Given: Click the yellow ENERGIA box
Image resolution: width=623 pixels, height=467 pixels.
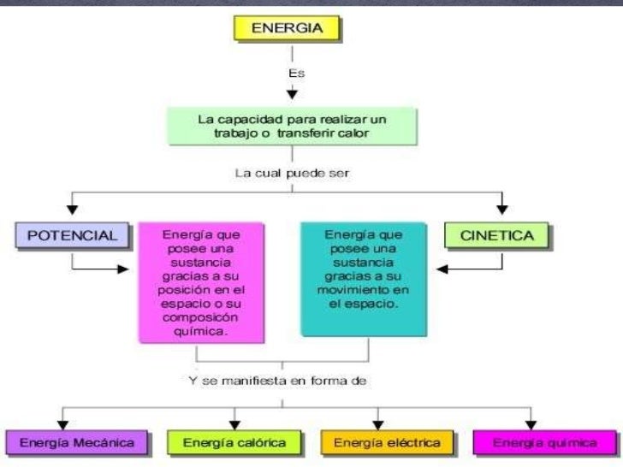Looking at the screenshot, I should coord(286,28).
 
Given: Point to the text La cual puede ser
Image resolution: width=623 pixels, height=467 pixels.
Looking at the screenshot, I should coord(292,173).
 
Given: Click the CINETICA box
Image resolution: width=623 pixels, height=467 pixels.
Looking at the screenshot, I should coord(496,234).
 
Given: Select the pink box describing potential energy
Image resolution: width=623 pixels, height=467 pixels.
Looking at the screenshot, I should coord(200,283).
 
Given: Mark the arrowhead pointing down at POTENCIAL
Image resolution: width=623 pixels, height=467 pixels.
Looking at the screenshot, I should coord(73,208).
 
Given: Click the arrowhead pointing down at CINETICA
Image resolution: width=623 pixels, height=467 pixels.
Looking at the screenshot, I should coord(502,208).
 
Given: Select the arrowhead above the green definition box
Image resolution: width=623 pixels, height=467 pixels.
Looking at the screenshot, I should coord(291,93).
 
